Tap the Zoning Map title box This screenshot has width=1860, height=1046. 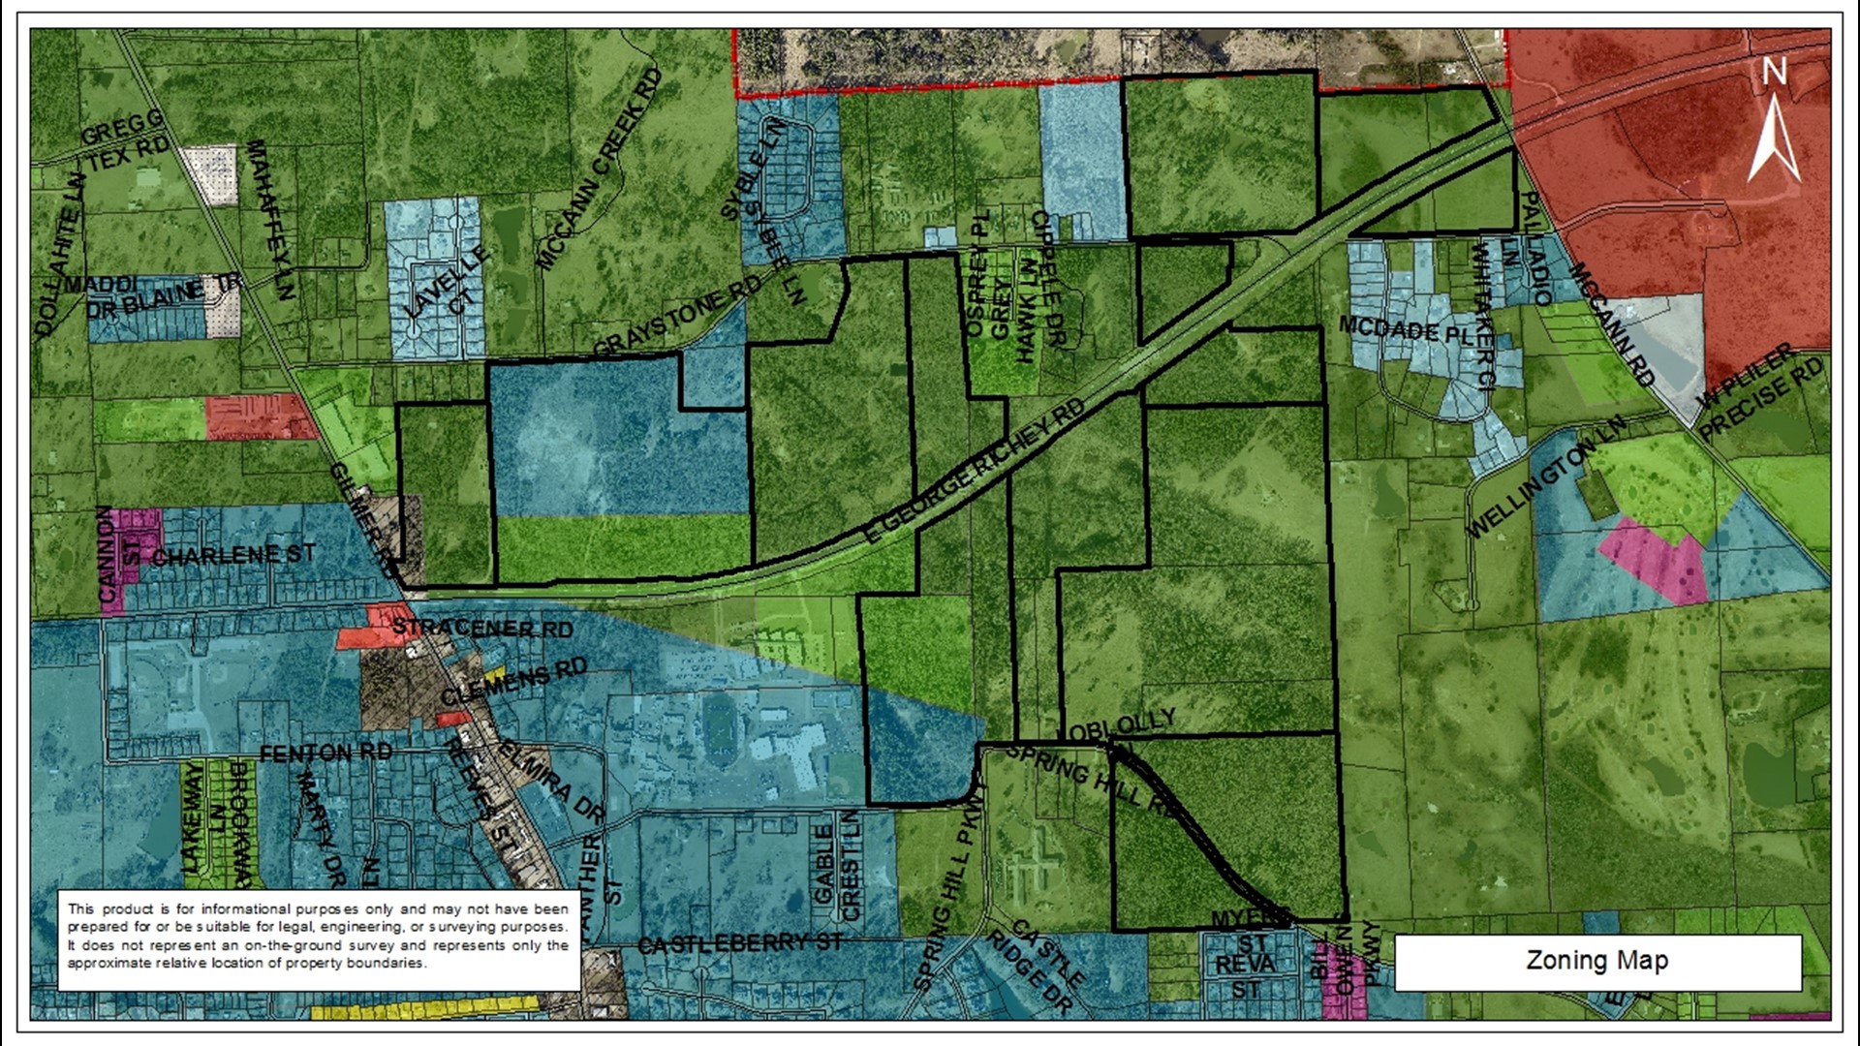[x=1597, y=961]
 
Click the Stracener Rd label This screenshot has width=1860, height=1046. [x=482, y=628]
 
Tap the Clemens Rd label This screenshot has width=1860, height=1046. [x=514, y=682]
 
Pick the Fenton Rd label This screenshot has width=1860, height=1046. [x=325, y=753]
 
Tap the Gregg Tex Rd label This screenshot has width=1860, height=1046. [x=126, y=141]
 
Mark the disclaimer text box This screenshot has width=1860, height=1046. [x=319, y=936]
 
